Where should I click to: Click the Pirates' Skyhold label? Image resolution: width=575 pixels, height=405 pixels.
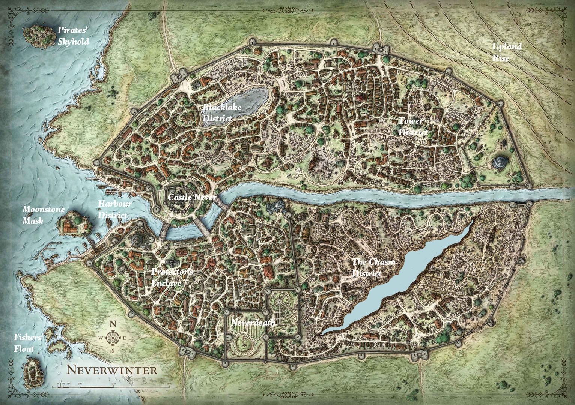pos(73,36)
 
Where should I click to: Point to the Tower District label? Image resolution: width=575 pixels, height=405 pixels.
pos(412,127)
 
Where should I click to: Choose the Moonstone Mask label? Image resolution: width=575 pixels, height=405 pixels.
pos(38,215)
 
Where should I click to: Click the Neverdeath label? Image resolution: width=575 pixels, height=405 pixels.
pos(253,323)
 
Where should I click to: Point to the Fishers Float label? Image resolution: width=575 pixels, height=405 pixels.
pos(27,343)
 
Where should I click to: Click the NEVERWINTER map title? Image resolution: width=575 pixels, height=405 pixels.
pos(112,370)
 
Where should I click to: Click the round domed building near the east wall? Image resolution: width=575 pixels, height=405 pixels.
pos(500,162)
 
